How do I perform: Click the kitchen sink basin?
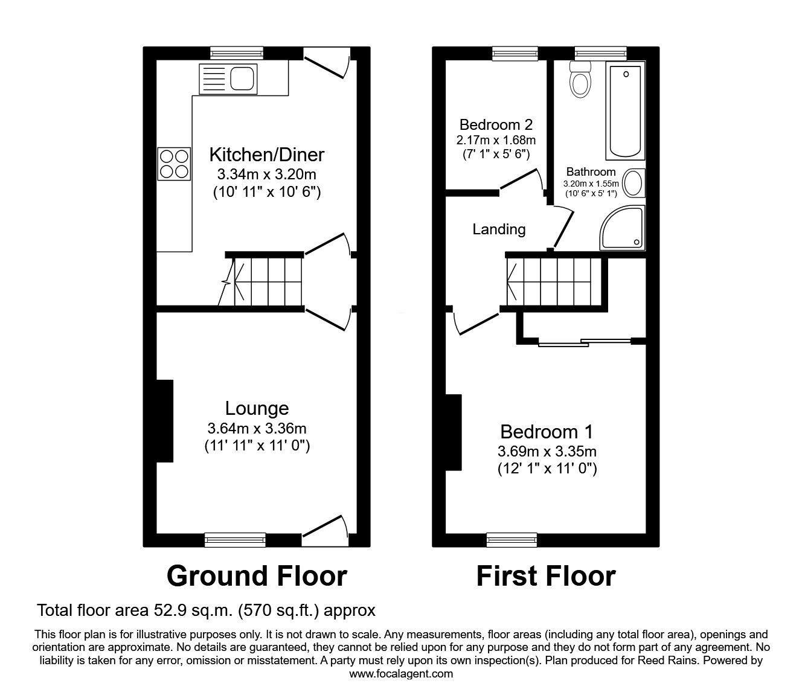pyautogui.click(x=243, y=79)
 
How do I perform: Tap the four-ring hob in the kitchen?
pyautogui.click(x=174, y=164)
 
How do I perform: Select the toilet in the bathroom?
pyautogui.click(x=580, y=79)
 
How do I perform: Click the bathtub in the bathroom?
pyautogui.click(x=625, y=110)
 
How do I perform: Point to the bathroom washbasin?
pyautogui.click(x=634, y=183)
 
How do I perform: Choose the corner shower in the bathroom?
pyautogui.click(x=622, y=228)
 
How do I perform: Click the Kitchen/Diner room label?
pyautogui.click(x=266, y=155)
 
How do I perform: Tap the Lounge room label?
pyautogui.click(x=257, y=408)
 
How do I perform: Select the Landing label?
pyautogui.click(x=499, y=229)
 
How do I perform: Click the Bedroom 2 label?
pyautogui.click(x=496, y=124)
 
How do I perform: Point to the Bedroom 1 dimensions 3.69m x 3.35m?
pyautogui.click(x=547, y=451)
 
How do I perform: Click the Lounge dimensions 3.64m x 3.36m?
pyautogui.click(x=257, y=428)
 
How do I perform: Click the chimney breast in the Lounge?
pyautogui.click(x=165, y=421)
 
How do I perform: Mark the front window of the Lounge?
pyautogui.click(x=235, y=540)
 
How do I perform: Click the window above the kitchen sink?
pyautogui.click(x=237, y=53)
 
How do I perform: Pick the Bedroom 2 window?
pyautogui.click(x=515, y=53)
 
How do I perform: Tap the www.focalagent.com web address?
pyautogui.click(x=401, y=674)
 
